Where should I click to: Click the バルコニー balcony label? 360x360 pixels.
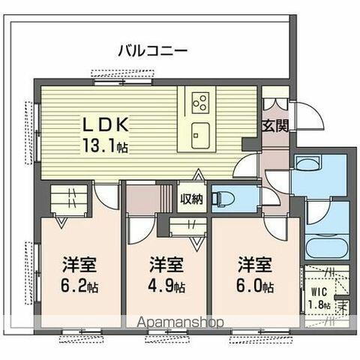click(152, 51)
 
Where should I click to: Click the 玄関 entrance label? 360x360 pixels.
click(274, 126)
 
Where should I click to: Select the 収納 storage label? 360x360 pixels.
click(192, 199)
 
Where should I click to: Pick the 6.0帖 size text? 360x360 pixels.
click(256, 286)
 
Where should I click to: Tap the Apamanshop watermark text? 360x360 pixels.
click(179, 323)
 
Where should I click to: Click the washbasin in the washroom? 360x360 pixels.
click(316, 164)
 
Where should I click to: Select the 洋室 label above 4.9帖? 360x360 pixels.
click(166, 265)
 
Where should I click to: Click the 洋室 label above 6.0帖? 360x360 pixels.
click(256, 265)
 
